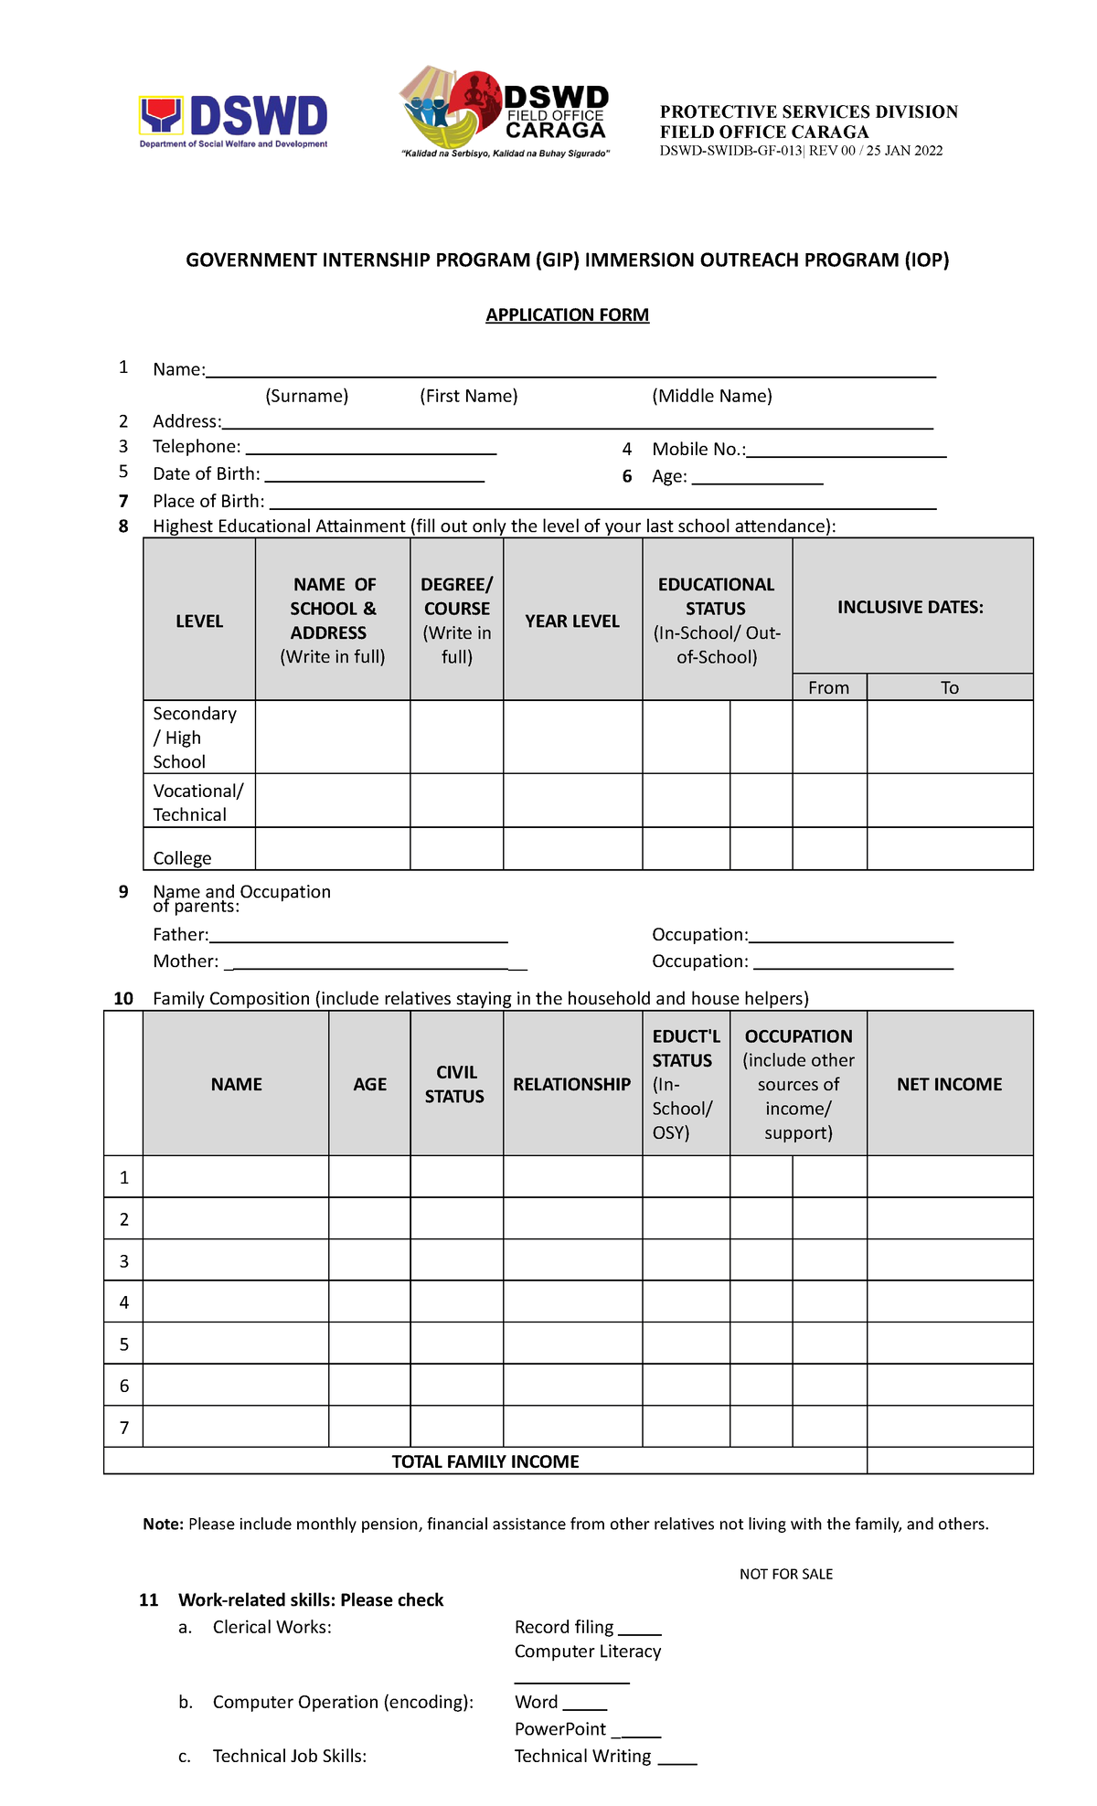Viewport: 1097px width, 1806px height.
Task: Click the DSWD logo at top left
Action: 233,122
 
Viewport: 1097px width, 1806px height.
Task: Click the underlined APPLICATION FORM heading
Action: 567,315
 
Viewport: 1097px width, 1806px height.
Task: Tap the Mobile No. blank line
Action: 846,453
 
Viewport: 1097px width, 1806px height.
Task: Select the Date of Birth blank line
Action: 374,478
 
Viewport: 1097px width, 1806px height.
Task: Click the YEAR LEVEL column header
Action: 572,621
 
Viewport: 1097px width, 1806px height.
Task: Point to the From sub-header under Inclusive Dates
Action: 828,688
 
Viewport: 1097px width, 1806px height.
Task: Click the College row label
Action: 182,858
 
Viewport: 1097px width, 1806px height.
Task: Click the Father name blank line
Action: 358,939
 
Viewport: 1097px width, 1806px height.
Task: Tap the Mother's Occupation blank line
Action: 853,965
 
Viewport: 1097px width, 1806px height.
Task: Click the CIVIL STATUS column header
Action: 455,1084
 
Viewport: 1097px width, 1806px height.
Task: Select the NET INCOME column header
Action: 949,1084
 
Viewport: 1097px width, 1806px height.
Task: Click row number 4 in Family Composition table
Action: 124,1302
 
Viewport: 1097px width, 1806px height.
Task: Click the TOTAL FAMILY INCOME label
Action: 485,1461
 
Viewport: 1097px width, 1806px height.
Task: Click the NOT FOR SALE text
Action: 786,1574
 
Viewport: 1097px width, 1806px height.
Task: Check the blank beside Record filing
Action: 639,1631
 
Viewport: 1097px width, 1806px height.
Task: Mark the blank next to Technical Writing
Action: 677,1760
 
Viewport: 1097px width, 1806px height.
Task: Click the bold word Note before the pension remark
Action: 163,1524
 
